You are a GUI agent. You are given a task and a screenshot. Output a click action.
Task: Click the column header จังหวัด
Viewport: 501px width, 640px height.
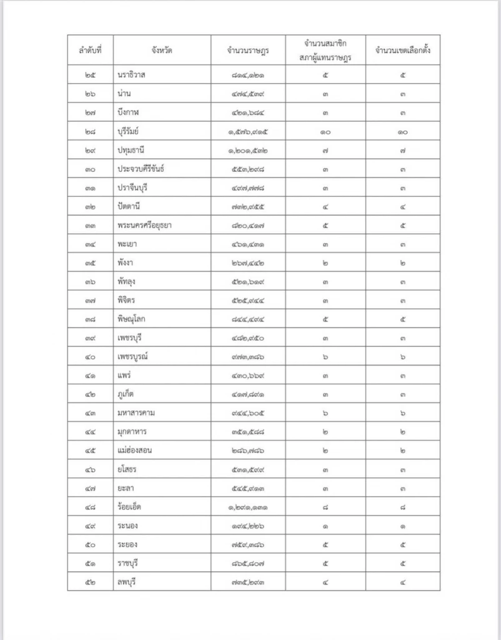pyautogui.click(x=161, y=51)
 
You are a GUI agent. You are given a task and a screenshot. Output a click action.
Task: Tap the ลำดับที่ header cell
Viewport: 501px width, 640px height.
pyautogui.click(x=90, y=51)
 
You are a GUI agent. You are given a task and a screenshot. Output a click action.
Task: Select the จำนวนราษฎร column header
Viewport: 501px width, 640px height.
pyautogui.click(x=248, y=51)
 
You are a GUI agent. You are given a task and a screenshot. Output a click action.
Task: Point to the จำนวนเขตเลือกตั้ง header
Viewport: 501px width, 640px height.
pyautogui.click(x=402, y=51)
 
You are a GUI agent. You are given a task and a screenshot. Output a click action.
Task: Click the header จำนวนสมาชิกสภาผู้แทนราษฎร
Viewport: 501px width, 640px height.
pyautogui.click(x=325, y=51)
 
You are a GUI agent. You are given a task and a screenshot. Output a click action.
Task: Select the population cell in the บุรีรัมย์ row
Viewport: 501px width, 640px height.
pyautogui.click(x=248, y=132)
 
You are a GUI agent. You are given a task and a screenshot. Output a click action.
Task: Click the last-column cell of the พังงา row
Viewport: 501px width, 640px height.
pyautogui.click(x=402, y=263)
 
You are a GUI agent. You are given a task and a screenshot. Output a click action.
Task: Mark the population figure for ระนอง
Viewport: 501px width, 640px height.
pyautogui.click(x=248, y=526)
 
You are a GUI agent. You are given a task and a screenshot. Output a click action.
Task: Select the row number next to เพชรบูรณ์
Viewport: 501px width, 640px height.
pyautogui.click(x=90, y=357)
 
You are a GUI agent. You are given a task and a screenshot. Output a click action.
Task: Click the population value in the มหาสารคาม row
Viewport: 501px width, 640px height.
pyautogui.click(x=248, y=413)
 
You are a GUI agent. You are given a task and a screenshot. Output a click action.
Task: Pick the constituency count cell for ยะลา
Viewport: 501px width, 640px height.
pyautogui.click(x=402, y=488)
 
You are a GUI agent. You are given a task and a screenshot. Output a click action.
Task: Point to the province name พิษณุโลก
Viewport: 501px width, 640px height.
pyautogui.click(x=135, y=319)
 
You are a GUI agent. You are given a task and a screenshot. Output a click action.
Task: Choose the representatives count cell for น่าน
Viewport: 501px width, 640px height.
pyautogui.click(x=325, y=94)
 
